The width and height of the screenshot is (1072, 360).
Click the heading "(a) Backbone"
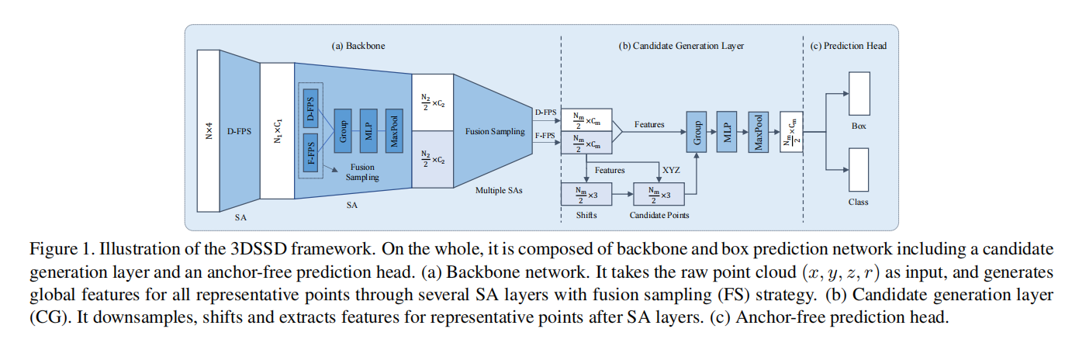[358, 46]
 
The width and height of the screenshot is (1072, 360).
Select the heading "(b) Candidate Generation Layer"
[680, 46]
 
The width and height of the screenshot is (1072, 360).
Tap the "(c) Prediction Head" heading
[848, 46]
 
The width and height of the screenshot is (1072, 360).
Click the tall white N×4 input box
[209, 130]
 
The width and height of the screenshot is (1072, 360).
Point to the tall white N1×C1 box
[277, 130]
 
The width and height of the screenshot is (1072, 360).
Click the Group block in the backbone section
[342, 130]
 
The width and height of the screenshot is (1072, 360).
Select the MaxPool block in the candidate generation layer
[757, 130]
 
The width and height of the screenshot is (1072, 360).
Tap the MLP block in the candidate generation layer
[726, 130]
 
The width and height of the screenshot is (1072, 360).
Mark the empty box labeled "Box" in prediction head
[859, 94]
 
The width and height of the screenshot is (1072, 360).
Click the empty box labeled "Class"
[859, 168]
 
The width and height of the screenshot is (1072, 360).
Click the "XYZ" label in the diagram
[672, 169]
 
